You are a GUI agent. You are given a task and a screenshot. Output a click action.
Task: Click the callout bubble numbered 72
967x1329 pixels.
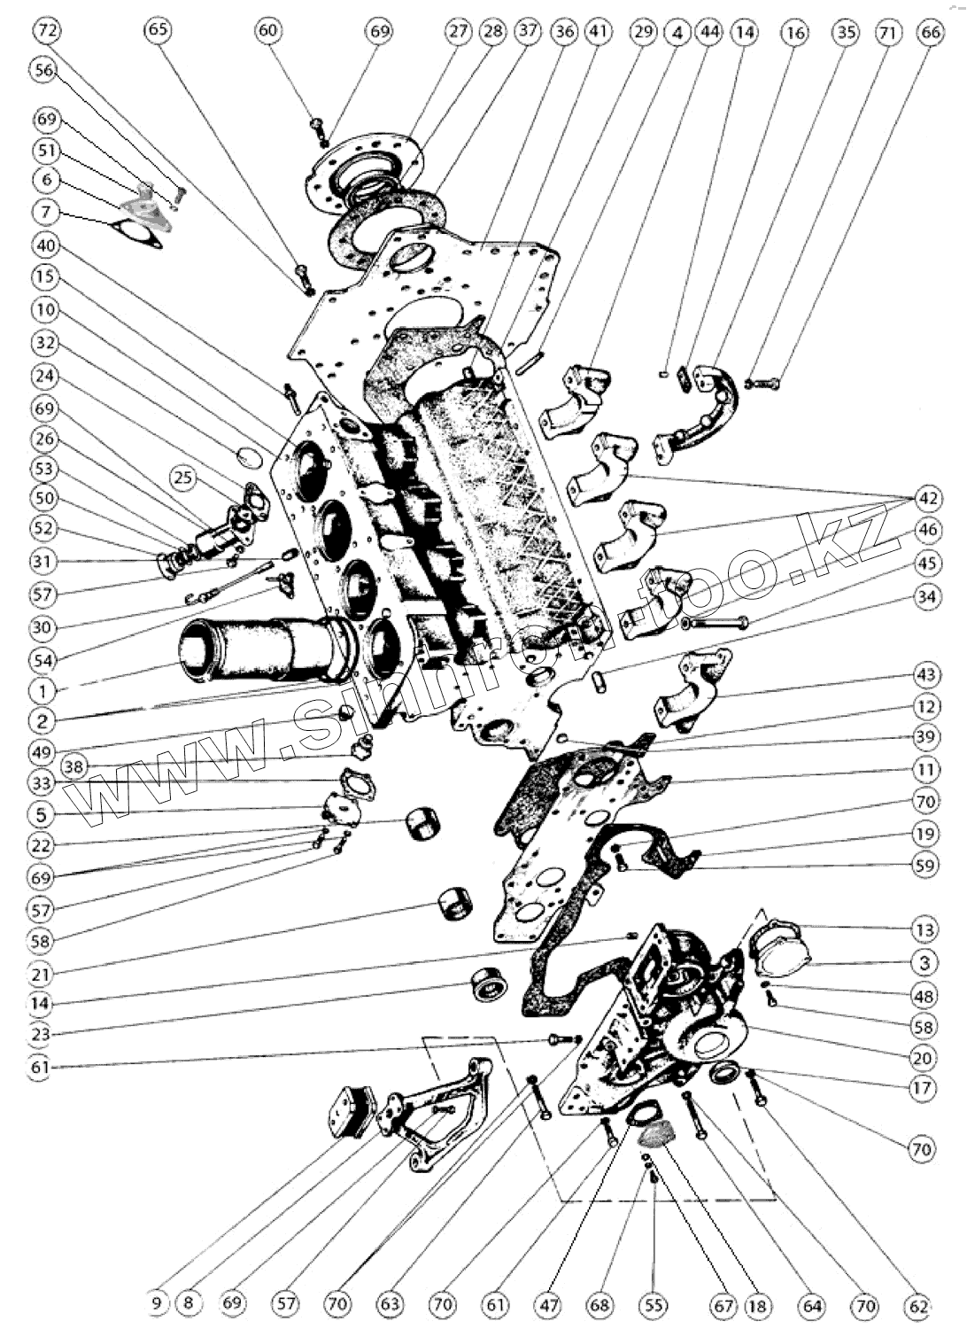pyautogui.click(x=48, y=30)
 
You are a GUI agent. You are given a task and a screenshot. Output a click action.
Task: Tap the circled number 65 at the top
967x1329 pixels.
pyautogui.click(x=159, y=30)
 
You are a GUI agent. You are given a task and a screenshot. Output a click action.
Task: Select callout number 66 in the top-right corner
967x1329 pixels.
pyautogui.click(x=930, y=32)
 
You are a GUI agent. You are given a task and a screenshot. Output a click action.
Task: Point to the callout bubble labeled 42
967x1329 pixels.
pyautogui.click(x=927, y=498)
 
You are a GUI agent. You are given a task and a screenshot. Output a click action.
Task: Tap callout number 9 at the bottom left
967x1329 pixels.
pyautogui.click(x=158, y=1303)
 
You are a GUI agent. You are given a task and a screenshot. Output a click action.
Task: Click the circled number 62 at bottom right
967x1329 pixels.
pyautogui.click(x=918, y=1304)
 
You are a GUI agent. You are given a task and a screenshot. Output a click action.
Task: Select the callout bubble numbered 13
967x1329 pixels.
pyautogui.click(x=924, y=930)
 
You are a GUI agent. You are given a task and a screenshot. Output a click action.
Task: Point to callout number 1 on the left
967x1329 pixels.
pyautogui.click(x=41, y=688)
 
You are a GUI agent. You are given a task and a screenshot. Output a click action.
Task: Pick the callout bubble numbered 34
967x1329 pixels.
pyautogui.click(x=926, y=597)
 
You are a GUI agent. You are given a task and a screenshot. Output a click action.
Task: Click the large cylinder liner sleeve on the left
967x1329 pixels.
pyautogui.click(x=257, y=649)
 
